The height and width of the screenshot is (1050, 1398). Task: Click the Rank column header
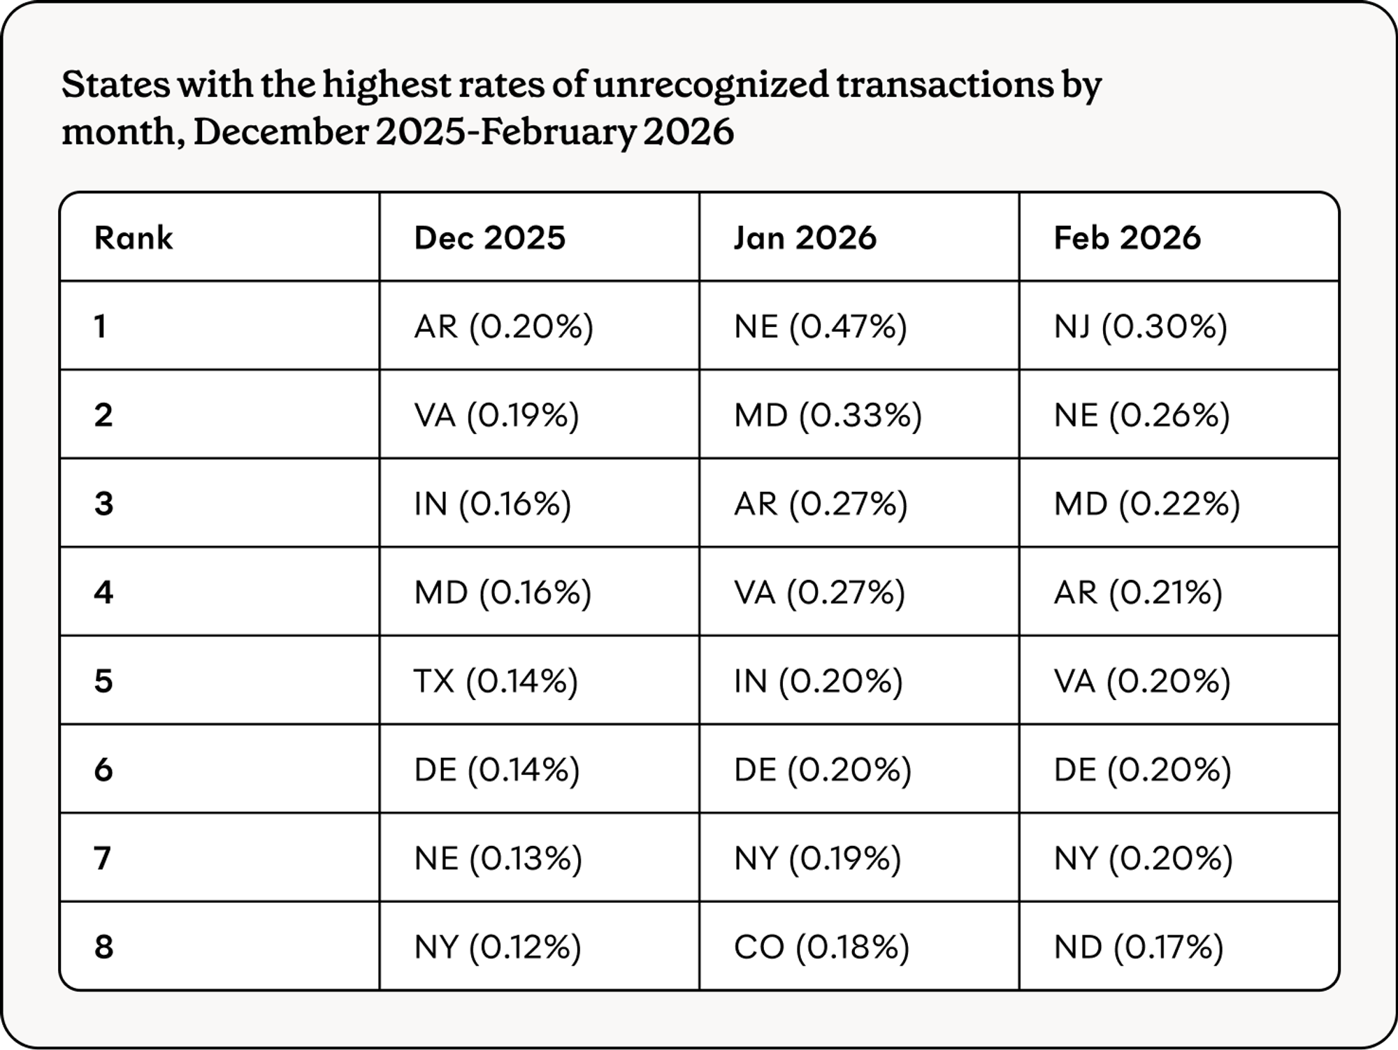(x=133, y=238)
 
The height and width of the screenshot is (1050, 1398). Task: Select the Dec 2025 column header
(x=489, y=238)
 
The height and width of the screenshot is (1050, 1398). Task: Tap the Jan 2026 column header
(x=805, y=238)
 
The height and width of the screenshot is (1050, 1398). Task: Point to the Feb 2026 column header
(x=1127, y=238)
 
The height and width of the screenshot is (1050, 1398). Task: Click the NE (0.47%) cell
(x=820, y=326)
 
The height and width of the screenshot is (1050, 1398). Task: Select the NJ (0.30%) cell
(x=1140, y=326)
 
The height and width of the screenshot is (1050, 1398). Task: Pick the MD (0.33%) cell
(x=828, y=415)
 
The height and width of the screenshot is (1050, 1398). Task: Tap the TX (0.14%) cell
(x=496, y=681)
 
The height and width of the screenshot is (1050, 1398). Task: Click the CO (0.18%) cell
(x=821, y=947)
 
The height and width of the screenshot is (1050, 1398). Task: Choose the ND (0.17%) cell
(x=1139, y=947)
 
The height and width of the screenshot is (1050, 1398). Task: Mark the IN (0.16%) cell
(x=492, y=504)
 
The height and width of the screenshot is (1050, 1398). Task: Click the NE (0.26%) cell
(x=1141, y=415)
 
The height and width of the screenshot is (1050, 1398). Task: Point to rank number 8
(x=103, y=947)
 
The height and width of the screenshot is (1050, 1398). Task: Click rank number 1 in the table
(x=101, y=326)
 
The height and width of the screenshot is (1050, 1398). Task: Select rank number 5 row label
(x=103, y=681)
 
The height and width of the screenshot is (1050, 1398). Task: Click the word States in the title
(x=115, y=85)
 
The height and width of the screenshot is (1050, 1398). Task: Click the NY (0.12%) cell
(x=497, y=947)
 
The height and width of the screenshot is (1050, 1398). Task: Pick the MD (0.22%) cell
(x=1146, y=504)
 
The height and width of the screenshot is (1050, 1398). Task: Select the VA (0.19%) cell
(x=496, y=415)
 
